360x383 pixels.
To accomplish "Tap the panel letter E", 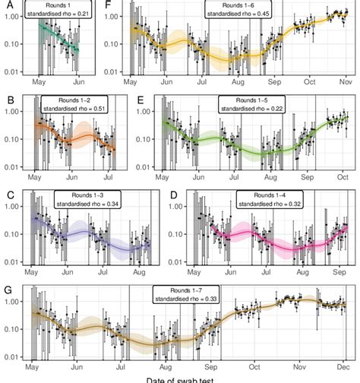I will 118,100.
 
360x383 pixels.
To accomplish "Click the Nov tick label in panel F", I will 344,81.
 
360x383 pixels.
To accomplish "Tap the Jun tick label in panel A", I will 80,81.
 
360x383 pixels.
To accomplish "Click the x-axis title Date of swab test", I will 179,378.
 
